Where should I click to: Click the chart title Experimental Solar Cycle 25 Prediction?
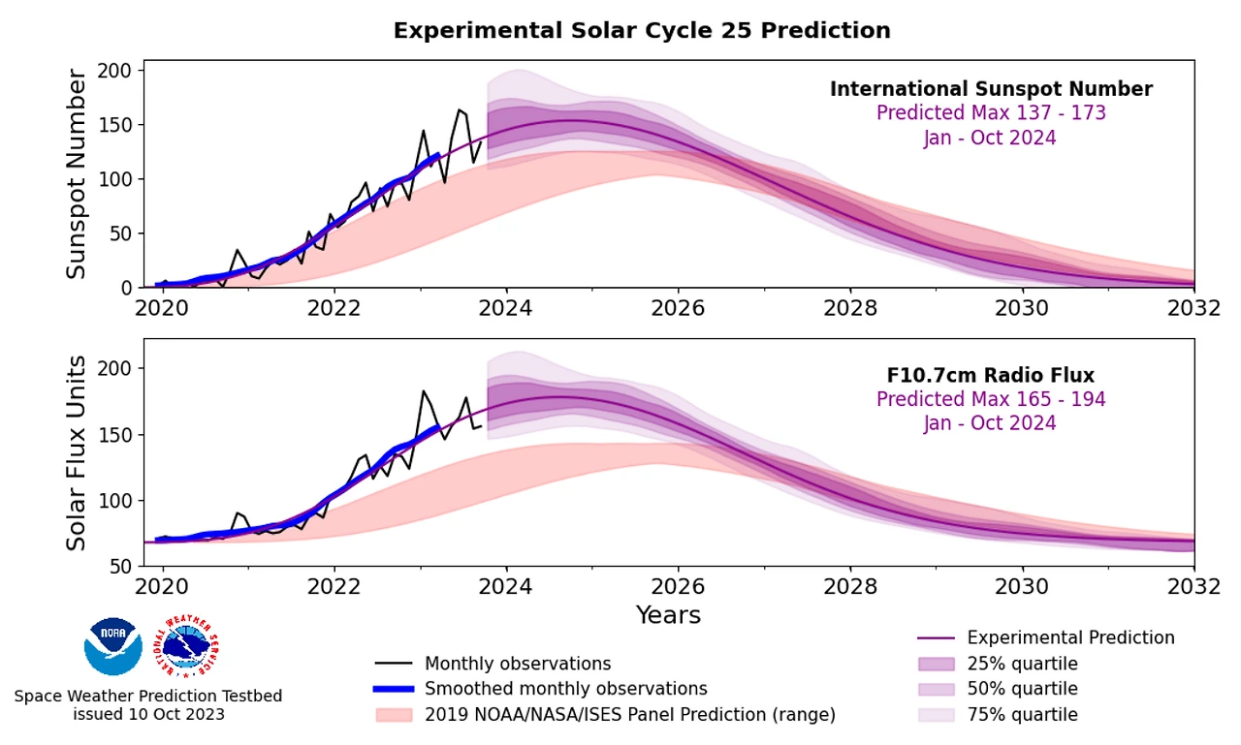pos(641,31)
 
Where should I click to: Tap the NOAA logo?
pos(113,646)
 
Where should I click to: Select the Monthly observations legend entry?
pos(517,664)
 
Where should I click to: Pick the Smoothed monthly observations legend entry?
pos(565,689)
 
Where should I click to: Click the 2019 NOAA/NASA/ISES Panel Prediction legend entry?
pos(629,715)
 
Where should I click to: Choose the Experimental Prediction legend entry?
pos(1070,637)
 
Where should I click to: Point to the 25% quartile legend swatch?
pos(936,664)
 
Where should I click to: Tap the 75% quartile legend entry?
pos(1022,715)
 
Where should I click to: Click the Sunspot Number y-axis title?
pos(77,174)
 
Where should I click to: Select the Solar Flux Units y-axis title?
pos(77,453)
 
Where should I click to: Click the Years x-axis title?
pos(668,615)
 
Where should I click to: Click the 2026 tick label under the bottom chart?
pos(678,586)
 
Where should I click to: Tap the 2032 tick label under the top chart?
pos(1193,308)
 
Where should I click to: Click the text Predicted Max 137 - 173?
pos(991,113)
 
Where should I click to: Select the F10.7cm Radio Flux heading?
pos(991,376)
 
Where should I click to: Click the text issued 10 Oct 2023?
pos(148,715)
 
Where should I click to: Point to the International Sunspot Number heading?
pos(991,89)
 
